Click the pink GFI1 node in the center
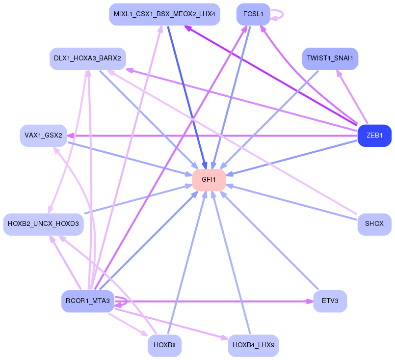(209, 180)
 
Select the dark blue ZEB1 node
(374, 136)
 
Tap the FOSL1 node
(253, 14)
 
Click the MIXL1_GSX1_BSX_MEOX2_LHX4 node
(164, 14)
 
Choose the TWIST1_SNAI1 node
(330, 58)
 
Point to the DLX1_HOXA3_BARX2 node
(88, 58)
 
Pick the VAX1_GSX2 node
(43, 136)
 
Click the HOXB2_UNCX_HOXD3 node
(43, 224)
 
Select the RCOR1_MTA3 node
(88, 301)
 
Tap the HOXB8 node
(164, 345)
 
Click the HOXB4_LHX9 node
(253, 345)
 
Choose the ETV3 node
(330, 301)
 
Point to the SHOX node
(374, 224)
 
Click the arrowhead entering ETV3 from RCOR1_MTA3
(309, 301)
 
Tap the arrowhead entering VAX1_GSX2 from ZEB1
(71, 136)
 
